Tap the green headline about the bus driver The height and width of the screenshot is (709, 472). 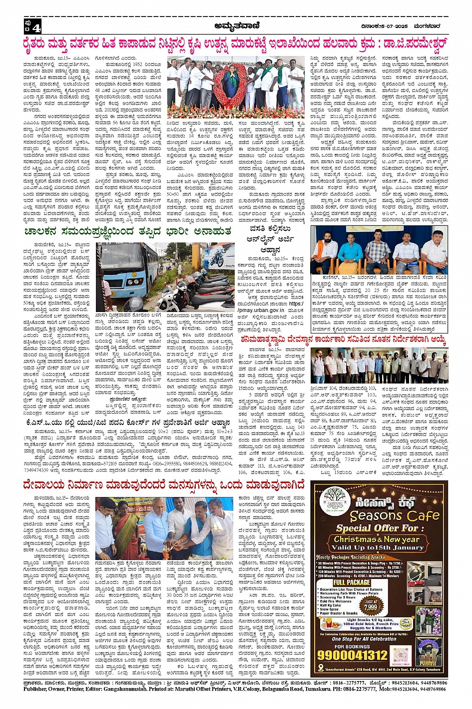pyautogui.click(x=128, y=231)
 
